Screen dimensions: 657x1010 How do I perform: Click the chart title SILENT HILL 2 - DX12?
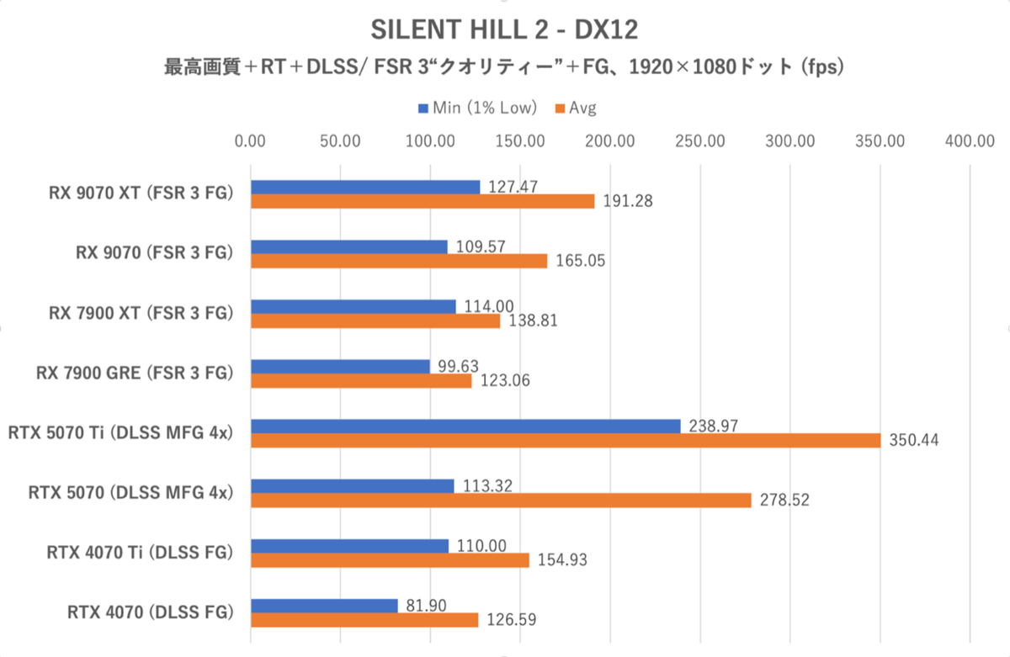click(504, 31)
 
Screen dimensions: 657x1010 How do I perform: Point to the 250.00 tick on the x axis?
click(699, 140)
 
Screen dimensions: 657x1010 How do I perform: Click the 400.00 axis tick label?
click(970, 140)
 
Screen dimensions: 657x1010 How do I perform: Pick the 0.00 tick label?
click(251, 140)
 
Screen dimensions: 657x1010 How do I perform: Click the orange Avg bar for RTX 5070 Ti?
click(566, 440)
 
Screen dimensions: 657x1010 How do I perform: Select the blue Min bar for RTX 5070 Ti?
click(465, 426)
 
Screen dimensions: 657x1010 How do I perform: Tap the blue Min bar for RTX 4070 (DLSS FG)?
click(324, 606)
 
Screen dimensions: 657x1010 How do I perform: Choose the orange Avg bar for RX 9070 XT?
click(423, 201)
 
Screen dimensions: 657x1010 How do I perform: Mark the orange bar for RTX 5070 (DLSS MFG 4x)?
click(501, 500)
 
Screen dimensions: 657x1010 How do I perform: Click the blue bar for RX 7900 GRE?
click(340, 366)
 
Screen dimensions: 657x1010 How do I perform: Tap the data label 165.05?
click(580, 262)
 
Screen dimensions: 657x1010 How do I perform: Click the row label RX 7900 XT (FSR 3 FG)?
click(140, 313)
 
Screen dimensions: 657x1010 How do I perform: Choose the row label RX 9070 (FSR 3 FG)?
click(151, 253)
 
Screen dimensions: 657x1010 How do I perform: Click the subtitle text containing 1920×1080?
click(504, 68)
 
